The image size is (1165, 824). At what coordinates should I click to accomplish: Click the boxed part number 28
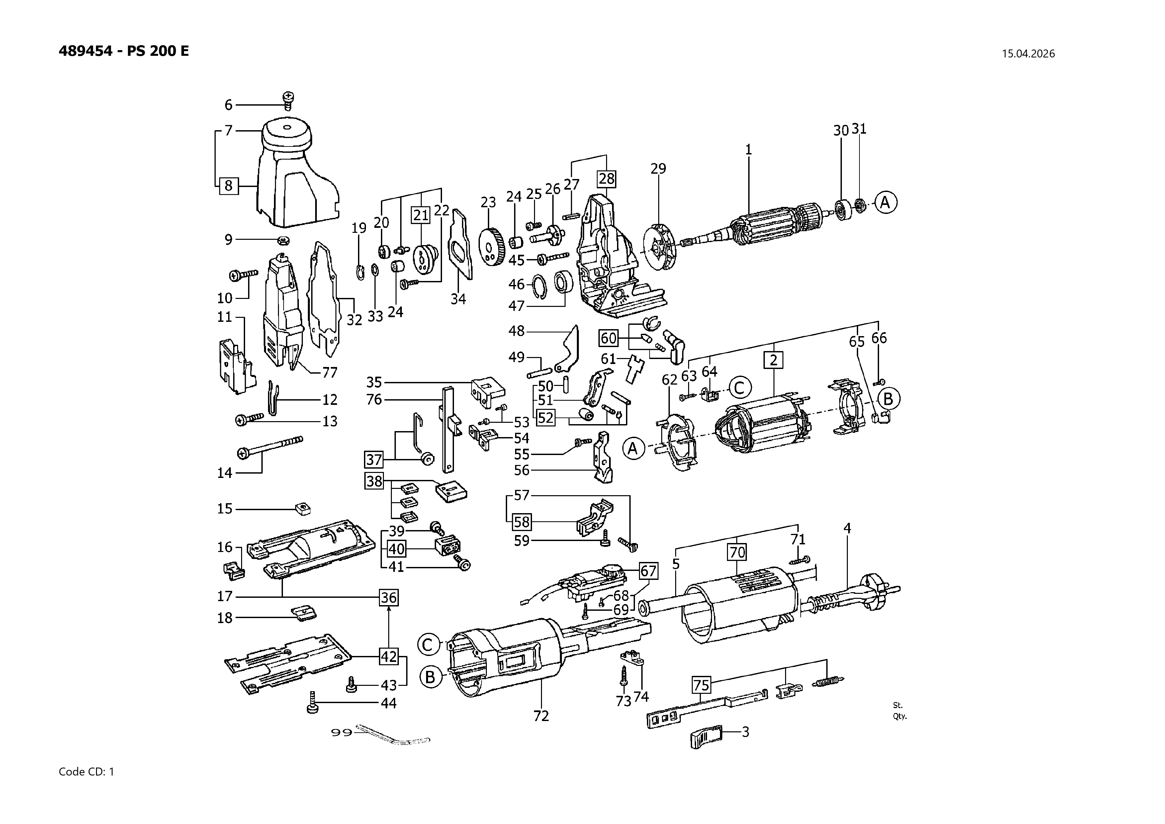coord(606,179)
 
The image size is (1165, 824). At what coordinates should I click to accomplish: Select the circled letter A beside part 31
coord(885,203)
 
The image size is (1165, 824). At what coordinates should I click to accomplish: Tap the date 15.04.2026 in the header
coord(1028,54)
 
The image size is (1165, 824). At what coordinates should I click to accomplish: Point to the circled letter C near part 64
coord(739,388)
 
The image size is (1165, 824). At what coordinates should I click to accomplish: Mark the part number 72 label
coord(541,716)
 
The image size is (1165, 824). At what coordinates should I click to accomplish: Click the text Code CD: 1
coord(87,772)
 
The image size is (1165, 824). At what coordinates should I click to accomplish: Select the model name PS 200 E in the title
coord(158,51)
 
